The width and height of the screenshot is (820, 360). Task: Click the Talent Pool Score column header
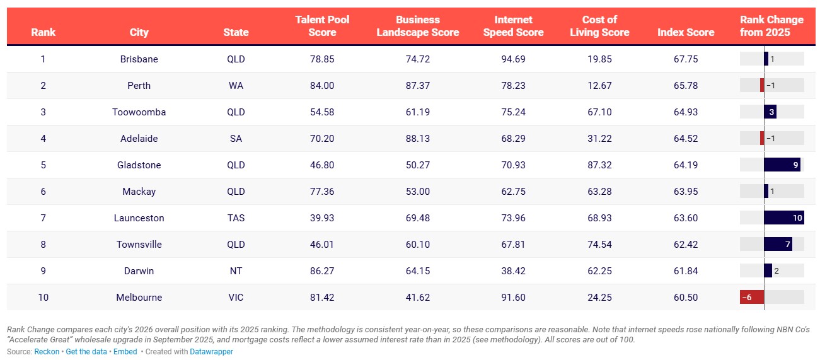(x=322, y=26)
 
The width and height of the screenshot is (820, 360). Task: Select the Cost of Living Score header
(x=599, y=26)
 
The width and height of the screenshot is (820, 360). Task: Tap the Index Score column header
(x=686, y=32)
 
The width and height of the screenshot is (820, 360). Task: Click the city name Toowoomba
(x=139, y=112)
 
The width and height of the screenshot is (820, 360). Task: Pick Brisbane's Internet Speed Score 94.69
(x=513, y=59)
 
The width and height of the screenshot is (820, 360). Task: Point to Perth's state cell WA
(x=236, y=86)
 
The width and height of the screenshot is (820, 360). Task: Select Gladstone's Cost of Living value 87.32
(x=599, y=165)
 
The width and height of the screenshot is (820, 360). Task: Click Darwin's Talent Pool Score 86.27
(x=322, y=271)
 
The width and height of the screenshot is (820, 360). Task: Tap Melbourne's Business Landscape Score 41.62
(x=418, y=298)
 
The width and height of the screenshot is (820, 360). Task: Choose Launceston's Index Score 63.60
(x=686, y=218)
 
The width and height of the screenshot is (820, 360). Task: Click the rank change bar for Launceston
(x=784, y=218)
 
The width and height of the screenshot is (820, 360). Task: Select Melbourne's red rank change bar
(x=752, y=297)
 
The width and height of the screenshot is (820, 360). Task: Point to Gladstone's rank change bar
(x=782, y=165)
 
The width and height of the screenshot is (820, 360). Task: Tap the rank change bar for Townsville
(x=778, y=244)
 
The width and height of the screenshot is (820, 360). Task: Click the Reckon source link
(x=47, y=352)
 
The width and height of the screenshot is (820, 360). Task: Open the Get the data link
(x=86, y=352)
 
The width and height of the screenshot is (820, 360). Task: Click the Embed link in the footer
(x=125, y=352)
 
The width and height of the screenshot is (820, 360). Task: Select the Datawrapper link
(x=211, y=352)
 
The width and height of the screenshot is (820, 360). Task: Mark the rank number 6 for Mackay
(x=43, y=192)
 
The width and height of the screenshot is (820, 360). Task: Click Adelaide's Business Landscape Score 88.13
(x=418, y=139)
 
